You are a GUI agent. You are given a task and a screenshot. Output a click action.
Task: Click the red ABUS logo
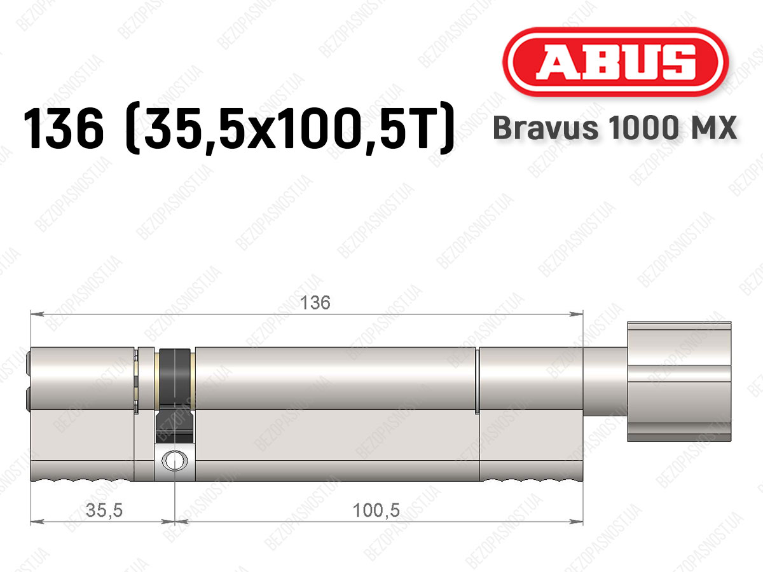[615, 62]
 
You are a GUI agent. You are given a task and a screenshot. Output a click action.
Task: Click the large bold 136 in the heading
[64, 128]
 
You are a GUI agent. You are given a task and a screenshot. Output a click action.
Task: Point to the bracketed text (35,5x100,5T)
[289, 128]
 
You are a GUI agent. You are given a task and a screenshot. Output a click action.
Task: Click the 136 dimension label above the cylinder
[315, 303]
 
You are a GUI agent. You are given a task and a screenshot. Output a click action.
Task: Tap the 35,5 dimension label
[104, 510]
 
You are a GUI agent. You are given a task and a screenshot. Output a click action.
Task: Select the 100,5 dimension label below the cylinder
[376, 510]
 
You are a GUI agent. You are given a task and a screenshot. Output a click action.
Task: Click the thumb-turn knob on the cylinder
[679, 381]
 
